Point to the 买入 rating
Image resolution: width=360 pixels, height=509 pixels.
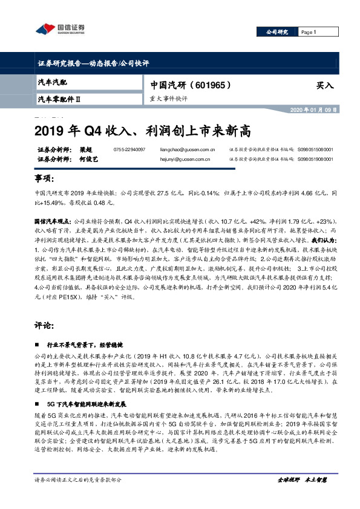[x=324, y=86]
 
